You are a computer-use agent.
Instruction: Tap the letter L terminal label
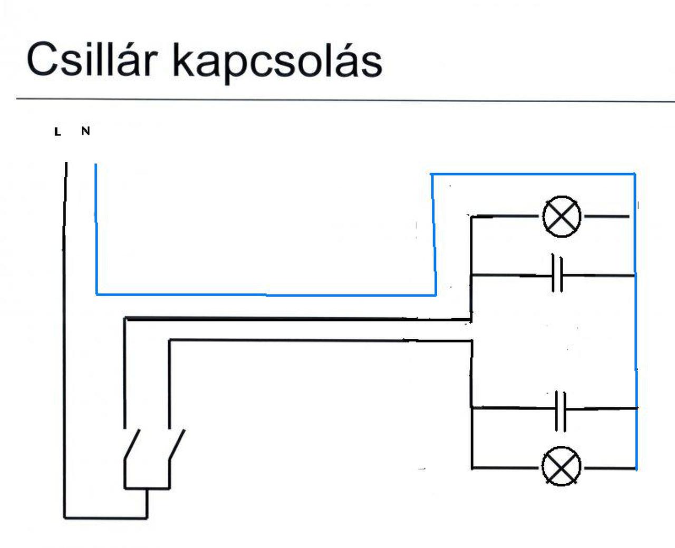coord(57,132)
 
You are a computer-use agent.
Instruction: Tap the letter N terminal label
coord(85,131)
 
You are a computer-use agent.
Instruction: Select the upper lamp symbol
coord(562,216)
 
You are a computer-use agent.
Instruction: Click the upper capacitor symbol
coord(557,275)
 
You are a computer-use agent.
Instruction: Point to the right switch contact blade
coord(177,445)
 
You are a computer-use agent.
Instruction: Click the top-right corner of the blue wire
coord(635,174)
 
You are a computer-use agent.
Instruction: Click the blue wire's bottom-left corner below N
coord(97,294)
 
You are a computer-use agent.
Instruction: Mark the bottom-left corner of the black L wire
coord(65,518)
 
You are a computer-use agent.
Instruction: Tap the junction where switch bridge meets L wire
coord(147,518)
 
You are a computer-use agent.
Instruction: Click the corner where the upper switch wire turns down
coord(125,318)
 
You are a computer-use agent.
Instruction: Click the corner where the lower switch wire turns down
coord(170,340)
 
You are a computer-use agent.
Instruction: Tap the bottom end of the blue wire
coord(637,468)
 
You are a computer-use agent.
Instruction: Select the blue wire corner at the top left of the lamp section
coord(432,174)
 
